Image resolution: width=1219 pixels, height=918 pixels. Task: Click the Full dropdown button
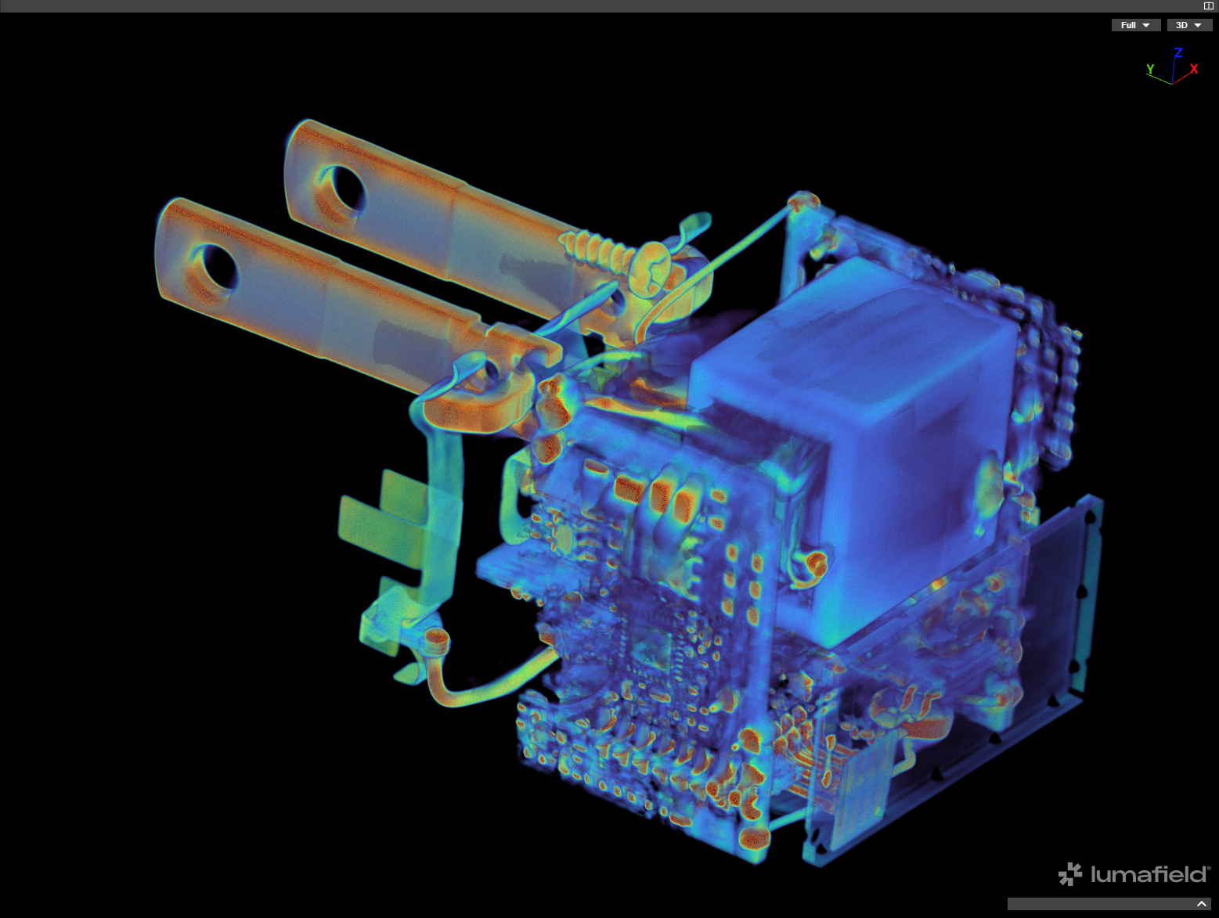click(1136, 25)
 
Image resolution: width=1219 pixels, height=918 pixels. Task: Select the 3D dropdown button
click(1189, 25)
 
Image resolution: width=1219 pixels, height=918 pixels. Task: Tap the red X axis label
click(1194, 69)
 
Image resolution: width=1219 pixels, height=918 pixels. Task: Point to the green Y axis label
click(1150, 69)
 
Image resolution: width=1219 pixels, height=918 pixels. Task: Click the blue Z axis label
click(1178, 52)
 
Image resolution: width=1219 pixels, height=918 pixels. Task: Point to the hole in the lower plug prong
click(218, 267)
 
